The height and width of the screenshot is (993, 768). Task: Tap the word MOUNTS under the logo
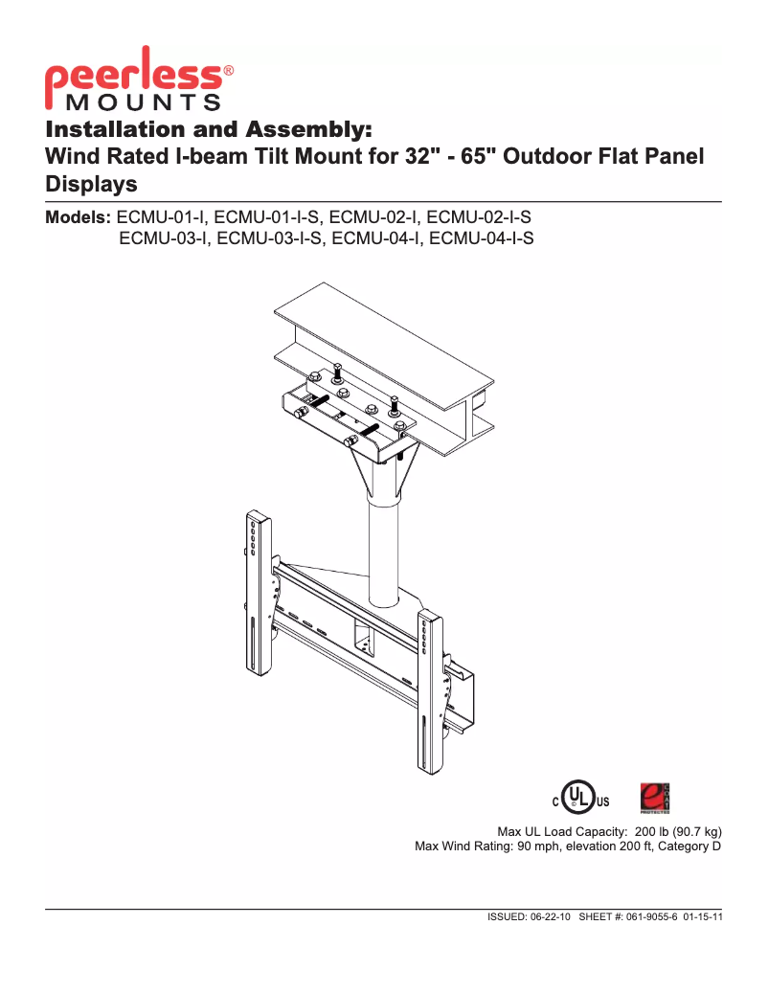click(x=144, y=102)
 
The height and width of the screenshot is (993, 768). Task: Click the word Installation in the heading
click(x=117, y=129)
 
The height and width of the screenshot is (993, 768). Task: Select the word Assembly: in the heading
click(x=308, y=130)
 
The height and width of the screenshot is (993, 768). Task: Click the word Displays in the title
click(x=91, y=184)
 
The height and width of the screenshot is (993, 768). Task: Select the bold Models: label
click(x=78, y=217)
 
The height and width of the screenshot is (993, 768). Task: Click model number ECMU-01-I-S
click(x=266, y=217)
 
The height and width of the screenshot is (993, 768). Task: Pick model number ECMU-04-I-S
click(x=481, y=238)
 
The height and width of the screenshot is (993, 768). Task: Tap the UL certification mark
click(x=580, y=798)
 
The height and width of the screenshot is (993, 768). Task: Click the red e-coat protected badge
click(x=655, y=798)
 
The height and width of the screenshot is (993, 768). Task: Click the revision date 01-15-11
click(x=703, y=917)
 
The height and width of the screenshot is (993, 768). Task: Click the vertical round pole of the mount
click(x=384, y=551)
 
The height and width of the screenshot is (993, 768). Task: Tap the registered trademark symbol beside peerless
click(x=229, y=70)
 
